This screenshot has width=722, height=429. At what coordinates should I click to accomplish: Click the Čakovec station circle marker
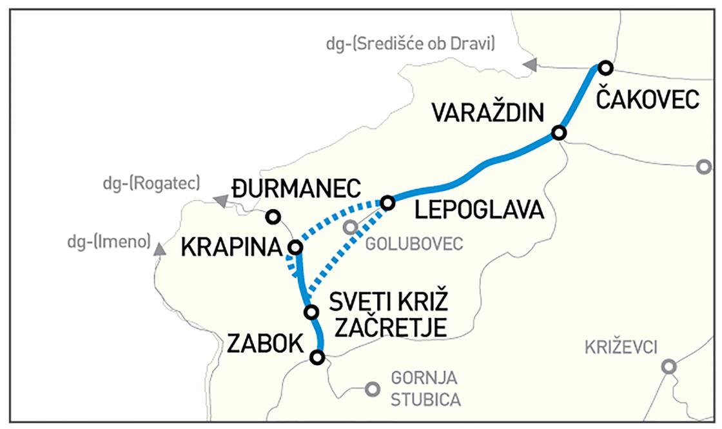(x=605, y=67)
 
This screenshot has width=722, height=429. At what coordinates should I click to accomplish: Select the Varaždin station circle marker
(x=559, y=133)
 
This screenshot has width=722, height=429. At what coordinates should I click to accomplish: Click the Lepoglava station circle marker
(x=387, y=203)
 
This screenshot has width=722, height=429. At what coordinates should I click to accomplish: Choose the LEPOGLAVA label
(x=478, y=210)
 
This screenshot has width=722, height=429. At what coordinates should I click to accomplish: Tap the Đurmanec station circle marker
(x=273, y=217)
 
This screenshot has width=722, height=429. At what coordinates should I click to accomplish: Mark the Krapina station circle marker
(x=295, y=247)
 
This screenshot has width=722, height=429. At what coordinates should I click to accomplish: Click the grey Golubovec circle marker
(x=350, y=227)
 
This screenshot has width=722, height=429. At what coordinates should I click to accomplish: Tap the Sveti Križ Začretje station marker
(x=311, y=312)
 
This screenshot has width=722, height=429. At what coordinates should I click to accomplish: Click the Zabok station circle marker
(x=317, y=357)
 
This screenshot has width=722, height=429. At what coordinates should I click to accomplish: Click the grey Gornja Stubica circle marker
(x=371, y=389)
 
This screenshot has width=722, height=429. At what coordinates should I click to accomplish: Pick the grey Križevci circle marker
(x=668, y=366)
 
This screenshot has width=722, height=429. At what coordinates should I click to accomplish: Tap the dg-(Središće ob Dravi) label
(x=410, y=43)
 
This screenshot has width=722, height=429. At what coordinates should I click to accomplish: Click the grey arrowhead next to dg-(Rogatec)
(x=221, y=201)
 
